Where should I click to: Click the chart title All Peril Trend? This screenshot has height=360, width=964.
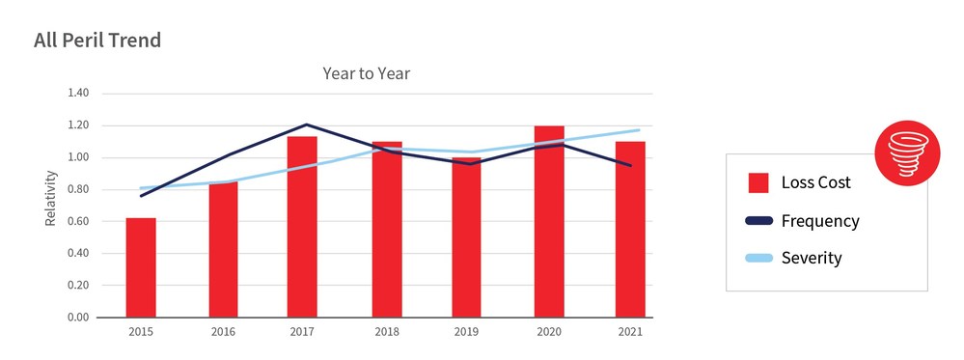point(96,41)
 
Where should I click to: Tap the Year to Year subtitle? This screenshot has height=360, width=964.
point(366,73)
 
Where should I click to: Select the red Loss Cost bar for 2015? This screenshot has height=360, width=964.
point(141,267)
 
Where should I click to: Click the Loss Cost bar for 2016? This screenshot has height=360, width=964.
point(223,249)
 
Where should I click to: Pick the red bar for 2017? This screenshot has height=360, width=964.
point(302,227)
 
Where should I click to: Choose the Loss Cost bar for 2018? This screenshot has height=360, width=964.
point(386,230)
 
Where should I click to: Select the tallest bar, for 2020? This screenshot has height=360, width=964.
point(549,222)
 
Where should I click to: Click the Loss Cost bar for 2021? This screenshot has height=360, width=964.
point(630,230)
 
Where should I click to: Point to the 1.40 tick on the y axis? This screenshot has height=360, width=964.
point(77,94)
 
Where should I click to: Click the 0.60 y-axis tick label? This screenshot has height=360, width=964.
point(77,222)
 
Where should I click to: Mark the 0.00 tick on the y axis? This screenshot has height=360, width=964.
point(77,318)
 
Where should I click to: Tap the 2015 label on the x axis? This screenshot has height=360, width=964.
point(141,332)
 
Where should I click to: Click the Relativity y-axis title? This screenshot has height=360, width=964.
point(51,199)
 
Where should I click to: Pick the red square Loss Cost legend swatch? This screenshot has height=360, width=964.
point(758,182)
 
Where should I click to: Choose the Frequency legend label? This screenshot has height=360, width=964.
point(820,221)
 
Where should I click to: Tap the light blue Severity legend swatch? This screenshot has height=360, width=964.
point(758,259)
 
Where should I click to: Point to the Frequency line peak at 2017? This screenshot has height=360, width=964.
point(306,125)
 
